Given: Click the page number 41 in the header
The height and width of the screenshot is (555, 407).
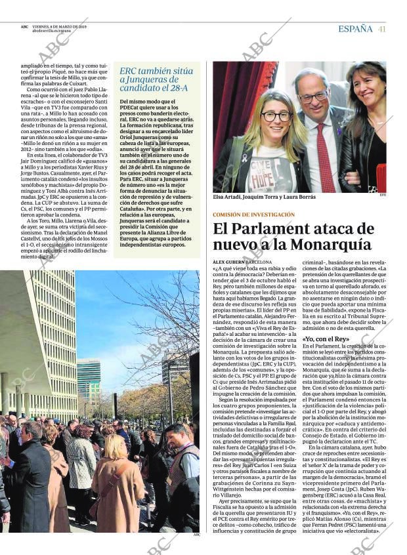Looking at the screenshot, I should (x=381, y=29).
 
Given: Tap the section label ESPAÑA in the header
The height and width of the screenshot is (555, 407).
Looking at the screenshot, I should (x=355, y=29).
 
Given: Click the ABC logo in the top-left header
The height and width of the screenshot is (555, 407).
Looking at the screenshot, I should (x=24, y=27).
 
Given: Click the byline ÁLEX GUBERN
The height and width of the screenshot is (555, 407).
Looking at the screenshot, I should (x=228, y=262).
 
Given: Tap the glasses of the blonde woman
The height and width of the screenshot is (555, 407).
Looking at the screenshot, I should (x=276, y=116).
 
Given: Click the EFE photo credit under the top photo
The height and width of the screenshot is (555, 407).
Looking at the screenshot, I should (x=382, y=194).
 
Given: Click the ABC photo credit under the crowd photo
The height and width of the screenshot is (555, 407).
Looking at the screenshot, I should (x=196, y=534).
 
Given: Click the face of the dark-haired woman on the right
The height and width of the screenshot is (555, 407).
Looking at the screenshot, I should (x=364, y=89).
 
